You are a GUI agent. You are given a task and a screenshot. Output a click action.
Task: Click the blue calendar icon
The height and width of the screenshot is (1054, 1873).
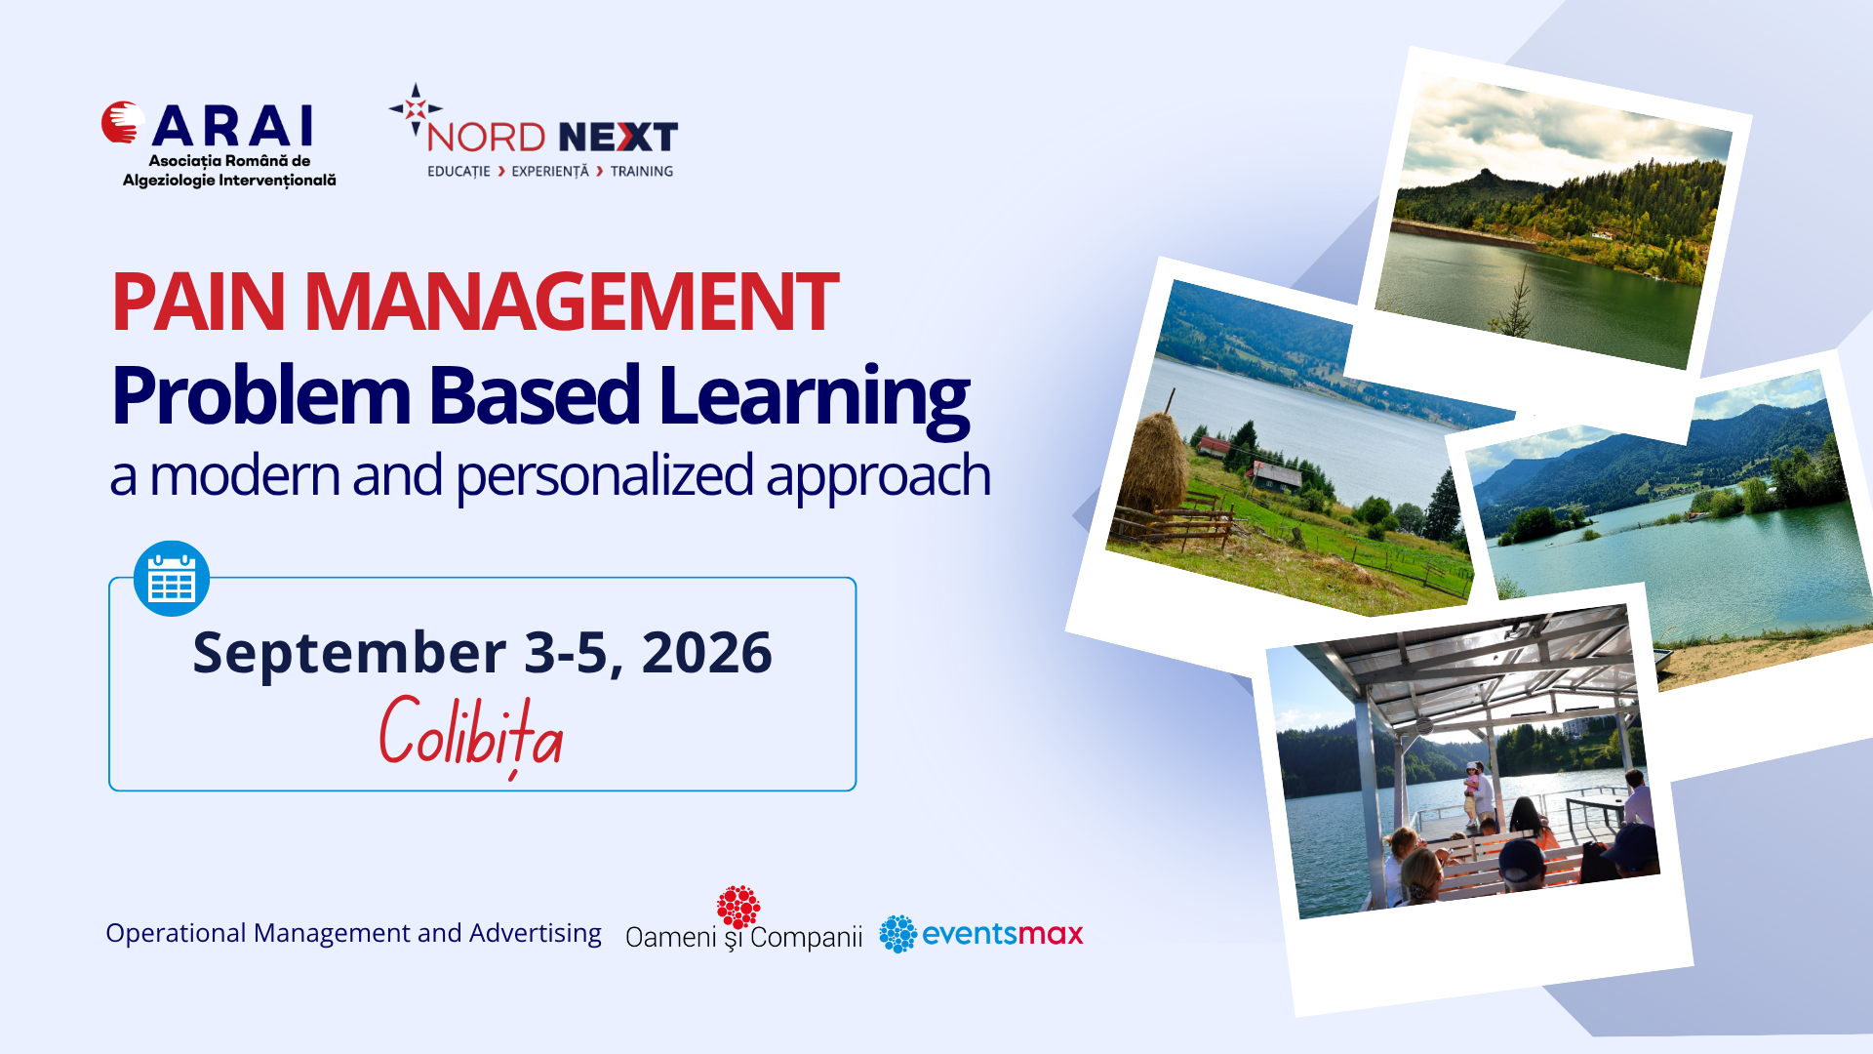172,579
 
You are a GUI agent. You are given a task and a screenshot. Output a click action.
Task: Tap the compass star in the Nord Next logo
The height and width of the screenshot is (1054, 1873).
416,108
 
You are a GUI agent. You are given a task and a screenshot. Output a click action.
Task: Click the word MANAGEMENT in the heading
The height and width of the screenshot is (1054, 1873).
572,302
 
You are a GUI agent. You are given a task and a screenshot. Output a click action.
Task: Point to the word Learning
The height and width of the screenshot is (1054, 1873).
815,398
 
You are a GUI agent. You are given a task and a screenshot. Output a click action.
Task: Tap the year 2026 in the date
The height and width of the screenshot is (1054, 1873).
707,653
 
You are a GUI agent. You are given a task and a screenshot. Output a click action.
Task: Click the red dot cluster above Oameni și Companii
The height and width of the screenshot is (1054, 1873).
738,907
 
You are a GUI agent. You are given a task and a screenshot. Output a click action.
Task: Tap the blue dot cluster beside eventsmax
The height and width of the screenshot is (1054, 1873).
897,934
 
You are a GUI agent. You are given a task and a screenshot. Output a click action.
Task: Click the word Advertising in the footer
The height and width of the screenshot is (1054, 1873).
536,934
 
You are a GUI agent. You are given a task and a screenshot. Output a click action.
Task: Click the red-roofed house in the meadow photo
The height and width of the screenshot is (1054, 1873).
1214,447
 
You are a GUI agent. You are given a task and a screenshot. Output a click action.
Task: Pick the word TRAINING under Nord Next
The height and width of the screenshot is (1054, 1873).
642,172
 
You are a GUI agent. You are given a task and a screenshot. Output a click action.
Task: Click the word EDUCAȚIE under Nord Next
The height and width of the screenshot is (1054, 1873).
458,172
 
